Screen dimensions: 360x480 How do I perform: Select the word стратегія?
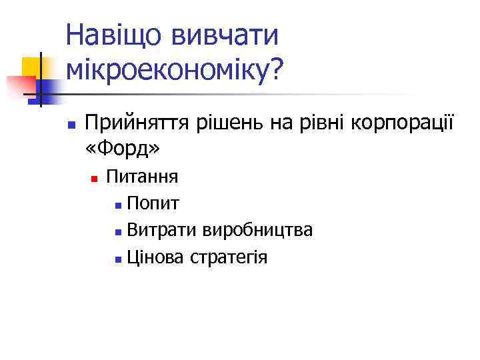click(x=229, y=257)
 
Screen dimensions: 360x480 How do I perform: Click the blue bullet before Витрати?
click(x=117, y=232)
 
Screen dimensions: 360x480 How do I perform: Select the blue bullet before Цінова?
click(x=117, y=259)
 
